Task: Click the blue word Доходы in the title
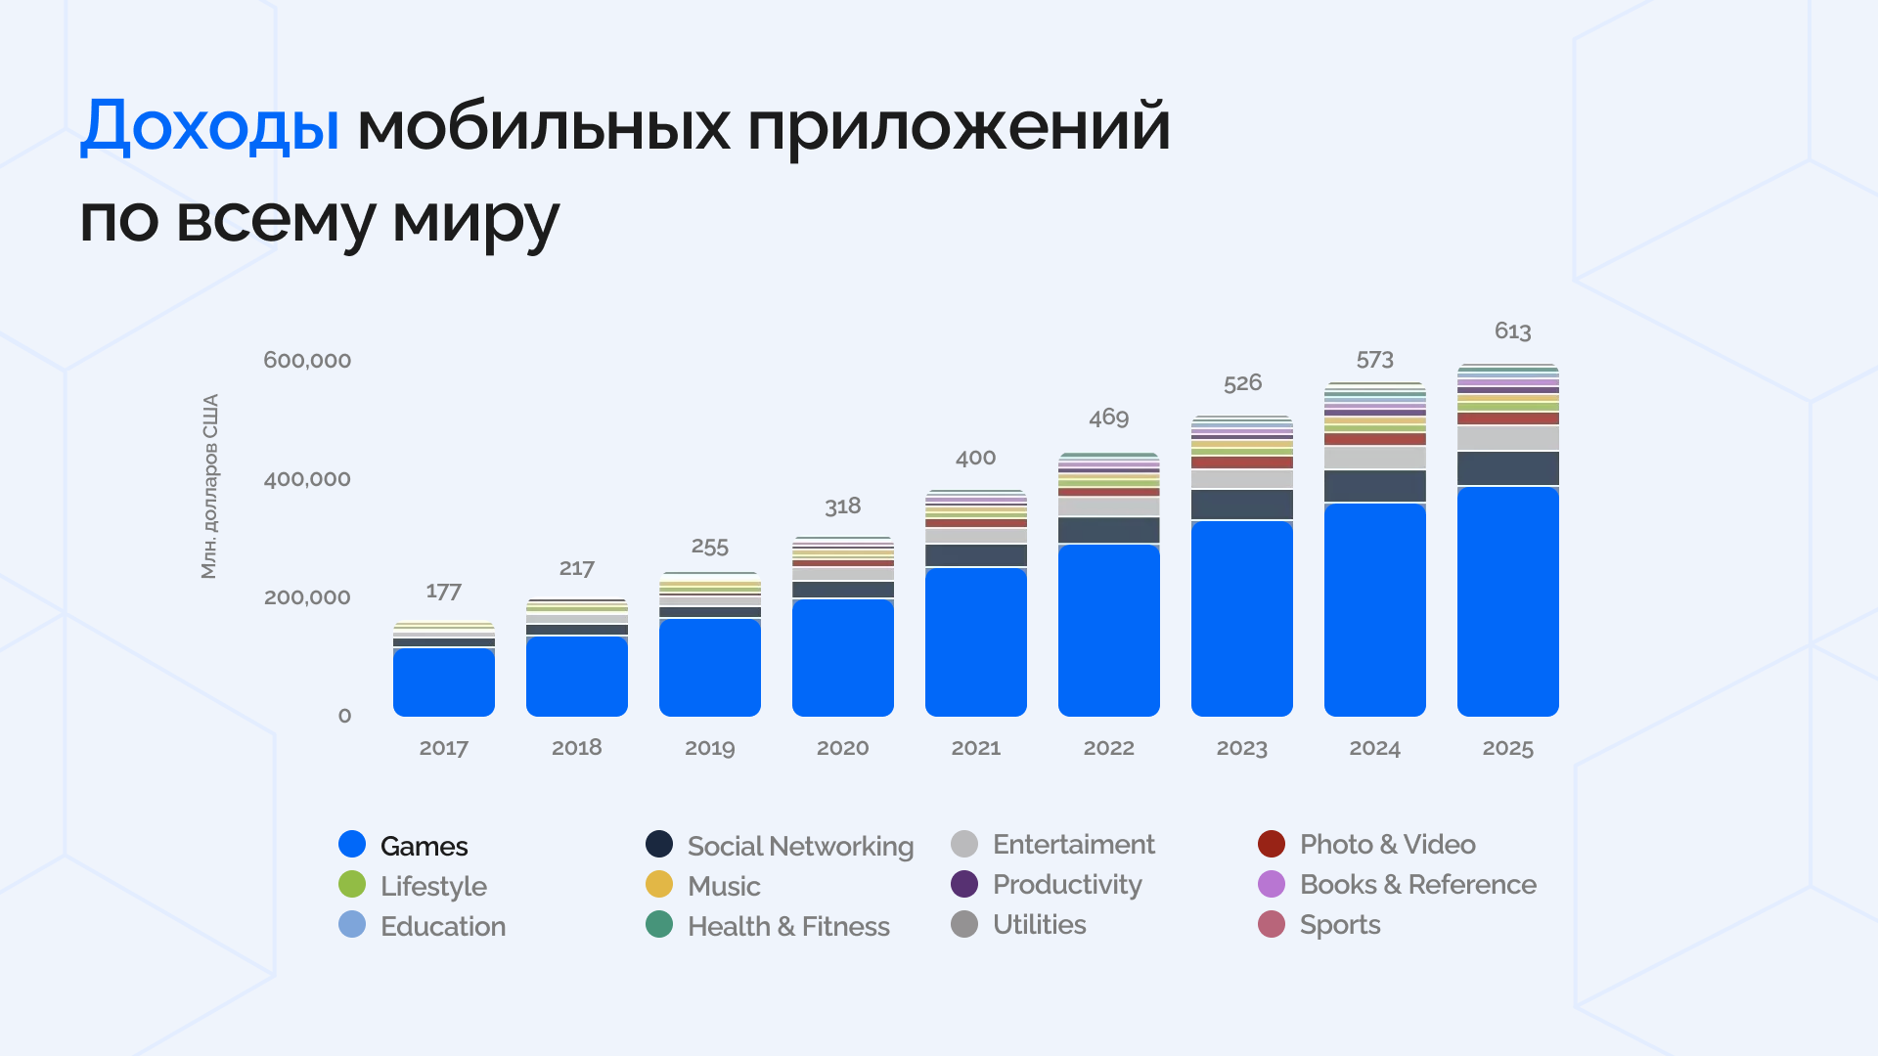[209, 127]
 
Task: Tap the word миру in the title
[475, 220]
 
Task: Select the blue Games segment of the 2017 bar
[443, 682]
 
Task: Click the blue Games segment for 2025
[1507, 601]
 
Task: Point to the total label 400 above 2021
[975, 458]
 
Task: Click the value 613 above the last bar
[1512, 331]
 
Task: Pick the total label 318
[842, 506]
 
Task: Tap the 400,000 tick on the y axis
[307, 479]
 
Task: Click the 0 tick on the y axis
[344, 716]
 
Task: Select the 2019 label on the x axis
[709, 748]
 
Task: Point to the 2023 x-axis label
[1241, 748]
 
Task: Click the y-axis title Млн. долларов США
[209, 486]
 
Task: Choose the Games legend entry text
[424, 846]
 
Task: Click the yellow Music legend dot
[659, 884]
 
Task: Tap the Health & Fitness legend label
[788, 926]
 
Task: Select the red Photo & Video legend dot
[1271, 844]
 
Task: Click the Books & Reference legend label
[1417, 884]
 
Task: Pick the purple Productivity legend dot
[964, 884]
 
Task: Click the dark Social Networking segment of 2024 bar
[1374, 486]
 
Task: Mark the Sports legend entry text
[1339, 925]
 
